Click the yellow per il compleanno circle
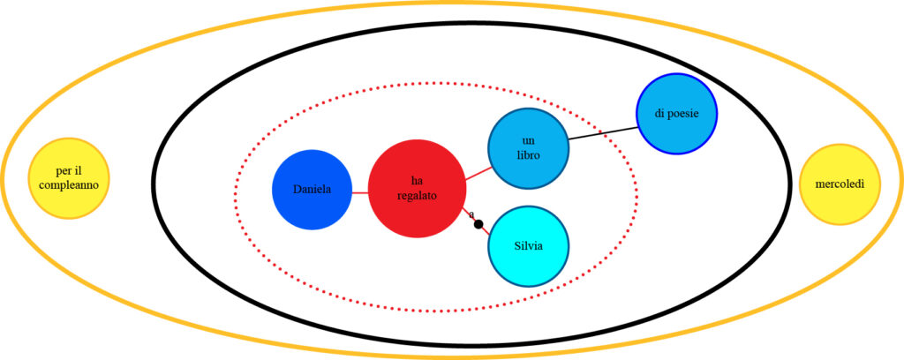coord(69,178)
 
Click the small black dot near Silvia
coord(478,224)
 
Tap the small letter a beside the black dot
coord(471,214)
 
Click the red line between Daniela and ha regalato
coord(359,191)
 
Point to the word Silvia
coord(529,245)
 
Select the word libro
coord(528,155)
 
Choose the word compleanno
coord(69,185)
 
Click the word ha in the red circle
coord(417,180)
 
